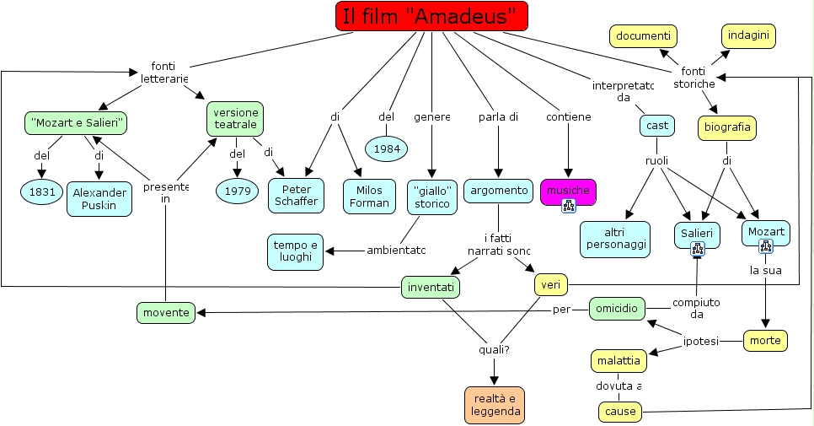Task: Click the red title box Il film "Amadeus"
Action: tap(431, 16)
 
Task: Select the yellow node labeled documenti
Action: tap(643, 36)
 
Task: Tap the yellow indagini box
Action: tap(748, 35)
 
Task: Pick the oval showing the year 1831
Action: tap(42, 192)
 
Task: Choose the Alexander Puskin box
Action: tap(99, 198)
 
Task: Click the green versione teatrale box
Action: tap(235, 119)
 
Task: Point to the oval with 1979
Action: tap(238, 191)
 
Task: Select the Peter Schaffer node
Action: tap(297, 196)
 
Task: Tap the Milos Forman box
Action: tap(369, 196)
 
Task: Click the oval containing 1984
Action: tap(387, 149)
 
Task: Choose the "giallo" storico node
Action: tap(431, 197)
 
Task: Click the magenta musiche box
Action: tap(568, 191)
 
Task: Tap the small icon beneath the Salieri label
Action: tap(697, 248)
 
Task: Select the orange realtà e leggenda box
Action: tap(494, 405)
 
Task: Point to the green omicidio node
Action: tap(617, 310)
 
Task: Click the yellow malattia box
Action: tap(619, 361)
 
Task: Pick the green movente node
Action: tap(165, 313)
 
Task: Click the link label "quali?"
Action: tap(494, 349)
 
